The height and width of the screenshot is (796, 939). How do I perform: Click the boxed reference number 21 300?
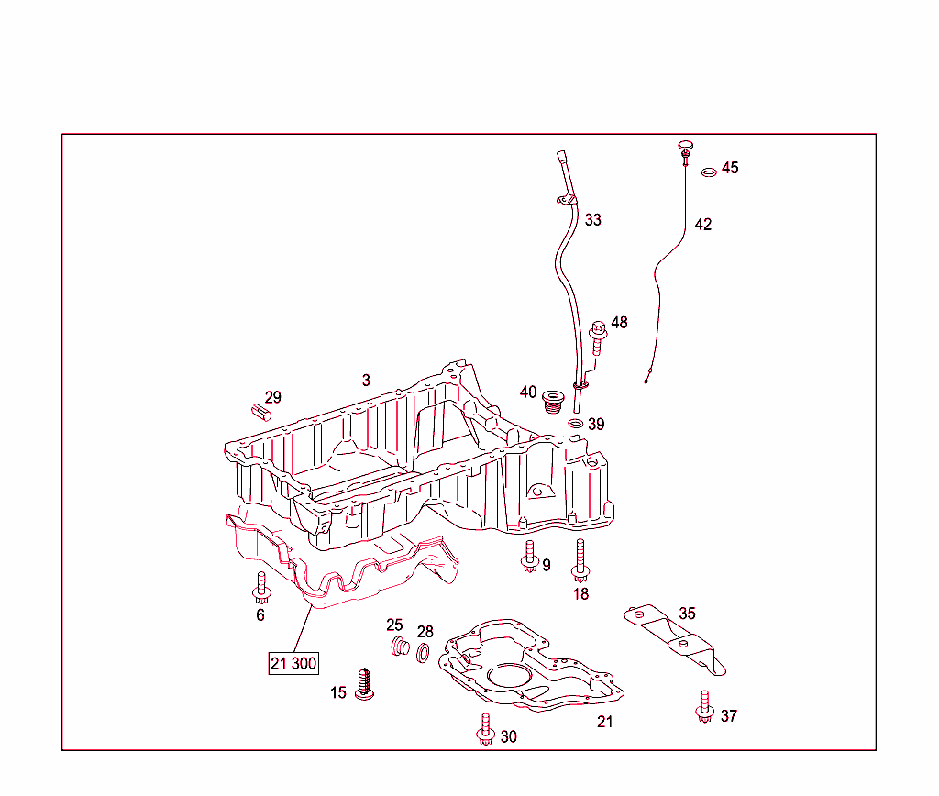[293, 663]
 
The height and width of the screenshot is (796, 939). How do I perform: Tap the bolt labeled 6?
[261, 588]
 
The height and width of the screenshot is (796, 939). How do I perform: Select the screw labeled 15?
[364, 684]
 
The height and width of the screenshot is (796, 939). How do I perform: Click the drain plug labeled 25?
[400, 647]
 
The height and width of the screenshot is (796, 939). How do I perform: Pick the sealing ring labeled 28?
[422, 653]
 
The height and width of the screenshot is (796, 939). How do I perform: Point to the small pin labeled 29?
[260, 412]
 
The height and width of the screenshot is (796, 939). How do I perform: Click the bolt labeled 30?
[485, 729]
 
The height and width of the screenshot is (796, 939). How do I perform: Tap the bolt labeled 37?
[705, 707]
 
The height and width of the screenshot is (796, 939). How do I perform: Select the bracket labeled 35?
[675, 638]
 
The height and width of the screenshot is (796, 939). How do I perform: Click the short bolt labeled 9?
[529, 557]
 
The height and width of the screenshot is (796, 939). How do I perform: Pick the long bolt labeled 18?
[580, 560]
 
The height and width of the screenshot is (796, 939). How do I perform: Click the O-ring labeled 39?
[576, 424]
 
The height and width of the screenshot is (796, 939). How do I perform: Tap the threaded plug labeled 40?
[553, 402]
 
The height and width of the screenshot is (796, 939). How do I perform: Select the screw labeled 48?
[598, 337]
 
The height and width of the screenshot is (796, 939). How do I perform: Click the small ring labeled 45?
[709, 172]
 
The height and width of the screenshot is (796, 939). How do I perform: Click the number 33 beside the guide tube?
[593, 220]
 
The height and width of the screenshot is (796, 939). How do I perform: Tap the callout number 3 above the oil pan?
[366, 380]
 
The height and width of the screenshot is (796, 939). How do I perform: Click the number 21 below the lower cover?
[605, 722]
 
